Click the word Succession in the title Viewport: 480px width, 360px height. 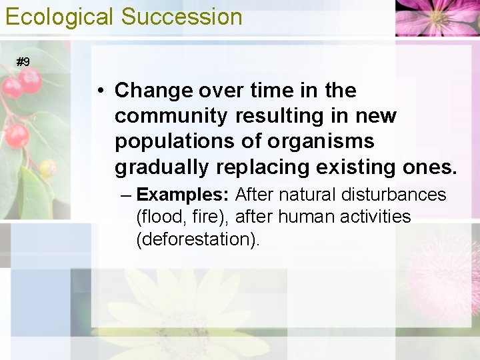pyautogui.click(x=181, y=17)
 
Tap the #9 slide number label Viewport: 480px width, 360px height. pyautogui.click(x=23, y=62)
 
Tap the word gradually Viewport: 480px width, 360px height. pyautogui.click(x=158, y=167)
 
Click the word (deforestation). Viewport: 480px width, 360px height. pyautogui.click(x=198, y=239)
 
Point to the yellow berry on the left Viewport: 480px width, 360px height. pyautogui.click(x=47, y=167)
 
